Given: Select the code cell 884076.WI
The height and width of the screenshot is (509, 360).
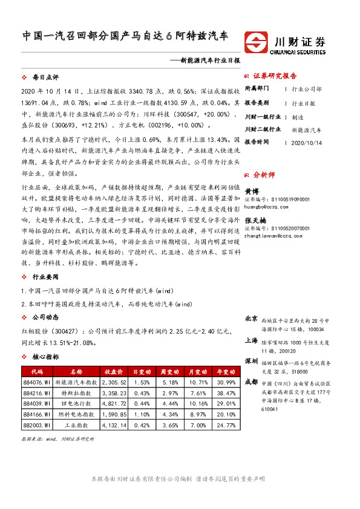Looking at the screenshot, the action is coord(36,382).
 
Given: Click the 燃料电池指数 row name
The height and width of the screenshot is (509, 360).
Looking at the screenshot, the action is coord(75,415).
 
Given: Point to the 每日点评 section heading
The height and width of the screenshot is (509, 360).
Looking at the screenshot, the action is coord(45,78).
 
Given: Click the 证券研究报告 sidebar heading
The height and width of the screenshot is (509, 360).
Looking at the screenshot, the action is coord(275,76).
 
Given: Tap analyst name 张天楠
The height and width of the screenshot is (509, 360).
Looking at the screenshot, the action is coord(255,220).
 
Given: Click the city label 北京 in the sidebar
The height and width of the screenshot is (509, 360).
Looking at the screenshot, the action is coord(252,319).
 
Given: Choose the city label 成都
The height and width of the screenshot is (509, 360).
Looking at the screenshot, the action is coord(252,382).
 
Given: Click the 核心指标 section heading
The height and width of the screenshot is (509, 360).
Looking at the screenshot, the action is coord(45,357).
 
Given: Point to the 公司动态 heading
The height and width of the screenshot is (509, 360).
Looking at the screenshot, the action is coord(45,316).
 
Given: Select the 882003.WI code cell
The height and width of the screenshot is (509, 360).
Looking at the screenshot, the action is coord(36,426).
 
